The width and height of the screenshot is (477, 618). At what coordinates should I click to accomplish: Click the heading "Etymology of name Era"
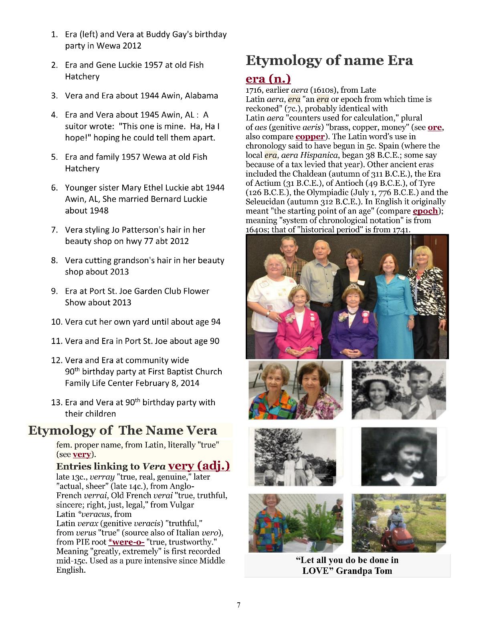tap(329, 61)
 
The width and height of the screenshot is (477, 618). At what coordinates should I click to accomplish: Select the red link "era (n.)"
tap(268, 79)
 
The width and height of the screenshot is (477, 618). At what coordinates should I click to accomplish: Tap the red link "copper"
tap(310, 136)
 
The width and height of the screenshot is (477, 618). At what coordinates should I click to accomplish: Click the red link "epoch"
tap(425, 211)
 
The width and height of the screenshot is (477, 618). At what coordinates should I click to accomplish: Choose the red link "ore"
tap(435, 128)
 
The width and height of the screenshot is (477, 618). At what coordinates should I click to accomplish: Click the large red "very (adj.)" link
tap(199, 466)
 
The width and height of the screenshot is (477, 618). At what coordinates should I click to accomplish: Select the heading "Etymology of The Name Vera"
tap(122, 431)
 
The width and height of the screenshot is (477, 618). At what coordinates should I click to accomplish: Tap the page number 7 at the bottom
tap(238, 605)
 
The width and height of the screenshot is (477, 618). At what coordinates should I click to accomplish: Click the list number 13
tap(57, 403)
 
